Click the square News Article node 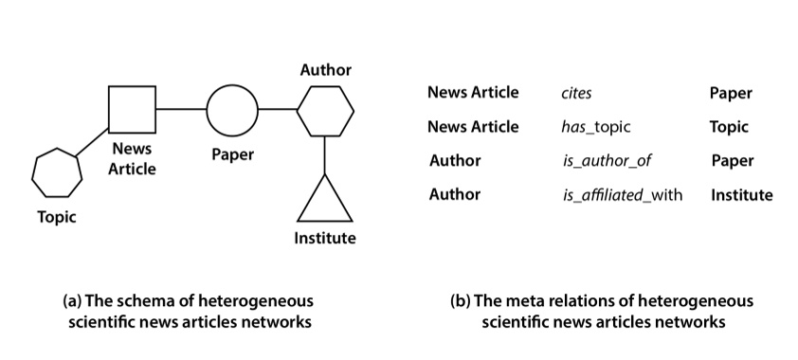(133, 109)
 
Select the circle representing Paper (232, 110)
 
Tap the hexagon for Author (325, 110)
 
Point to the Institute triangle (325, 200)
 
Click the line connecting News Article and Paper (182, 110)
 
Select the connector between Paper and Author (277, 110)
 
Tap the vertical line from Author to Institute (325, 155)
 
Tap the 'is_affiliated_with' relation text (622, 195)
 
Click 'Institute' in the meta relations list (741, 195)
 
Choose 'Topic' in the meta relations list (729, 127)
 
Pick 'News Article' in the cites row (473, 93)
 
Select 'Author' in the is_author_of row (455, 161)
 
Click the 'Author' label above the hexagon (325, 70)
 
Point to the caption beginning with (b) (602, 311)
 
